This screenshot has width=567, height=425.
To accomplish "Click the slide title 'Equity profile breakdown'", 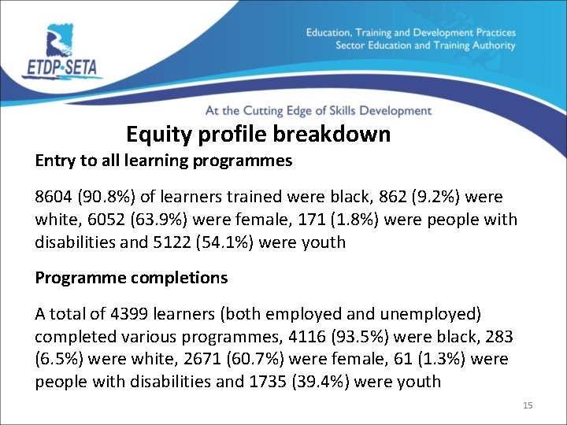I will (258, 135).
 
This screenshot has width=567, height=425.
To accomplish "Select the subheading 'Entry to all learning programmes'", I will (164, 161).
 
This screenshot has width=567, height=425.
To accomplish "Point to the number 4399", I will (117, 314).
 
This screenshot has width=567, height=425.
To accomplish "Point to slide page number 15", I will (528, 405).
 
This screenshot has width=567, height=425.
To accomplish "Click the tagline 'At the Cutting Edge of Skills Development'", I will (318, 111).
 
